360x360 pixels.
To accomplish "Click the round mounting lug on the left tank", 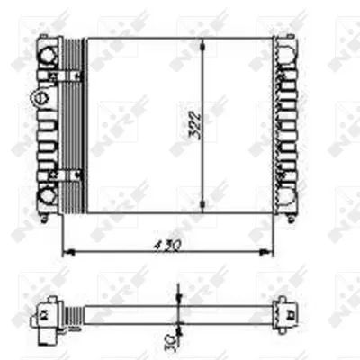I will click(x=39, y=95).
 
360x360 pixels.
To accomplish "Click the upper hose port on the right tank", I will click(x=289, y=50).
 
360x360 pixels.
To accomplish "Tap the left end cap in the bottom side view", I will click(x=43, y=314).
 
